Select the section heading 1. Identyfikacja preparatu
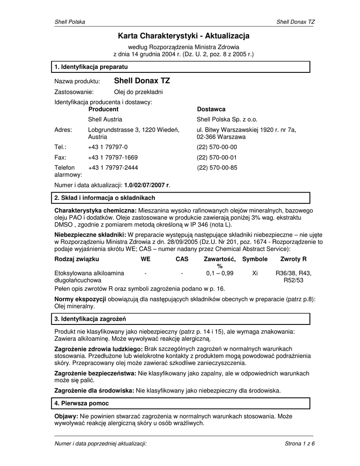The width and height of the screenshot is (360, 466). (x=91, y=67)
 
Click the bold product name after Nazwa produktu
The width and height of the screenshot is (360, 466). (x=142, y=81)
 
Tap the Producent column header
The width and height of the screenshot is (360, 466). (x=103, y=110)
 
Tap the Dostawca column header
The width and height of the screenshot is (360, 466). (x=211, y=110)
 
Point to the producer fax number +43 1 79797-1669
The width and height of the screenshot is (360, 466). (x=113, y=157)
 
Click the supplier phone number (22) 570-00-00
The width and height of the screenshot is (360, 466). (x=217, y=147)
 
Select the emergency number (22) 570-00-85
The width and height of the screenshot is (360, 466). (x=217, y=168)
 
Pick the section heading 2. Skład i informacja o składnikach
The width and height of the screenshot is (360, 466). (x=105, y=198)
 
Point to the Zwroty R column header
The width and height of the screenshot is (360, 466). (x=294, y=259)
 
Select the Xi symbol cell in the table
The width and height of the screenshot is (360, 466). (x=255, y=273)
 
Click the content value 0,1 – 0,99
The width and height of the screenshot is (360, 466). (x=219, y=273)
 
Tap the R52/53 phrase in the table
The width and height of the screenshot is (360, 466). (x=294, y=281)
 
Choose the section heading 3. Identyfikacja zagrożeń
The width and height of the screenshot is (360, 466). (x=90, y=319)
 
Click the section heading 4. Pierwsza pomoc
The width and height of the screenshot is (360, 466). (x=81, y=404)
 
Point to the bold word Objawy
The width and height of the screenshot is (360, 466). (x=66, y=416)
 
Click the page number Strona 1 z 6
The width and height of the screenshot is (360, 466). (x=299, y=444)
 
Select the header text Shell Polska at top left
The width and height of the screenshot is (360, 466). (x=70, y=22)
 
